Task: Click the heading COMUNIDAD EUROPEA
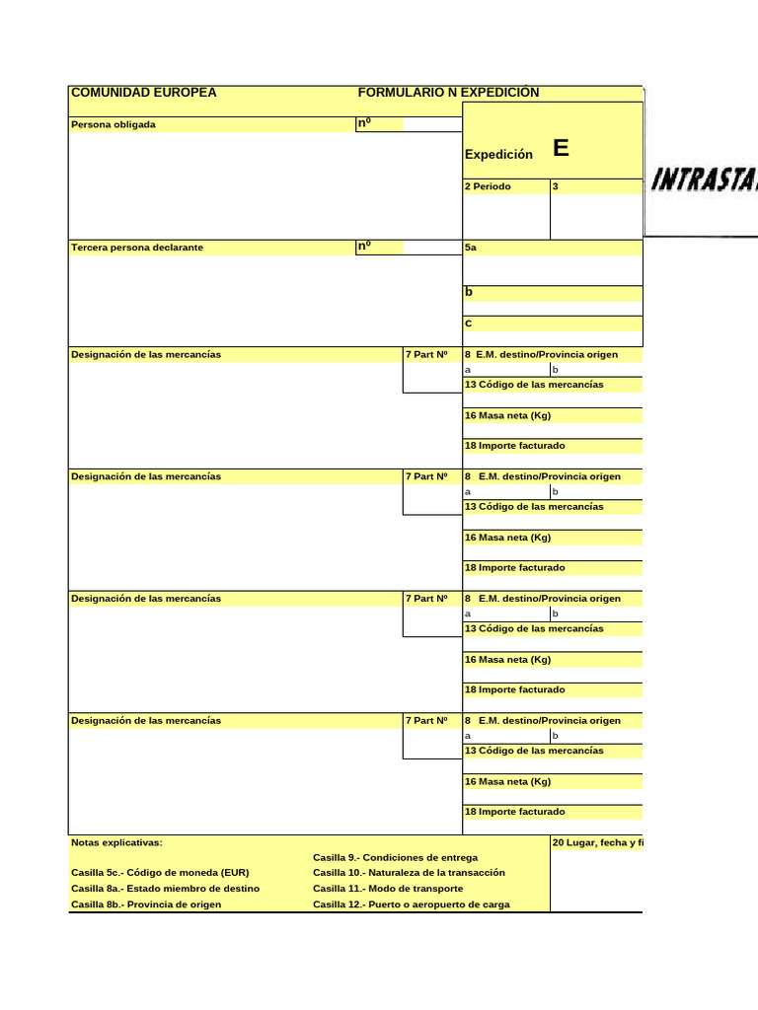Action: point(143,93)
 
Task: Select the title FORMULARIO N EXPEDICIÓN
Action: point(448,93)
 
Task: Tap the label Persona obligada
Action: point(114,124)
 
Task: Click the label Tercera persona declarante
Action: point(137,247)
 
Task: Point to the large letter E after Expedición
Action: point(561,149)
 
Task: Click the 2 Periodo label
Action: point(489,186)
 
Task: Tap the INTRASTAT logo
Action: point(704,180)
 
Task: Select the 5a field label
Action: point(471,248)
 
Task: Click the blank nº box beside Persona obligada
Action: point(431,124)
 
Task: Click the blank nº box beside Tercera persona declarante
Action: point(431,247)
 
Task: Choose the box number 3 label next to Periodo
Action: point(557,186)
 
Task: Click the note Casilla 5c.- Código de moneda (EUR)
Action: point(160,873)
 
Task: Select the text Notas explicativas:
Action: point(116,843)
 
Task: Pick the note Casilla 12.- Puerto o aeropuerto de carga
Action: point(412,904)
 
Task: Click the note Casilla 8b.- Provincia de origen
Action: point(146,904)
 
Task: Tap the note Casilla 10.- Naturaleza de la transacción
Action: point(409,873)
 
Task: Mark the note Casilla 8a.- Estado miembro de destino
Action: point(166,889)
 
